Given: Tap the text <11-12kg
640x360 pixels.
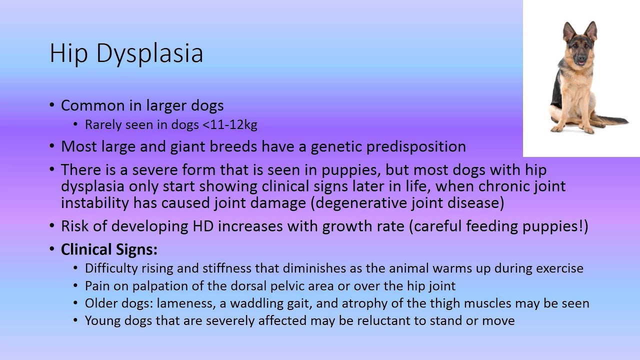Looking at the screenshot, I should click(230, 124).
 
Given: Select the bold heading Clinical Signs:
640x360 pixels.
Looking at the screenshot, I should click(109, 249).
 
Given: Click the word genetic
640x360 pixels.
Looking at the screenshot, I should click(336, 146).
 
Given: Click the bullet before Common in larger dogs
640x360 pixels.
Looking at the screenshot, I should click(52, 105).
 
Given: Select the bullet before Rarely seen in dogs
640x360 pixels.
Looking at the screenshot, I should click(75, 124).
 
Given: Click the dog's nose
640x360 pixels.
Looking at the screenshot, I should click(580, 58).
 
